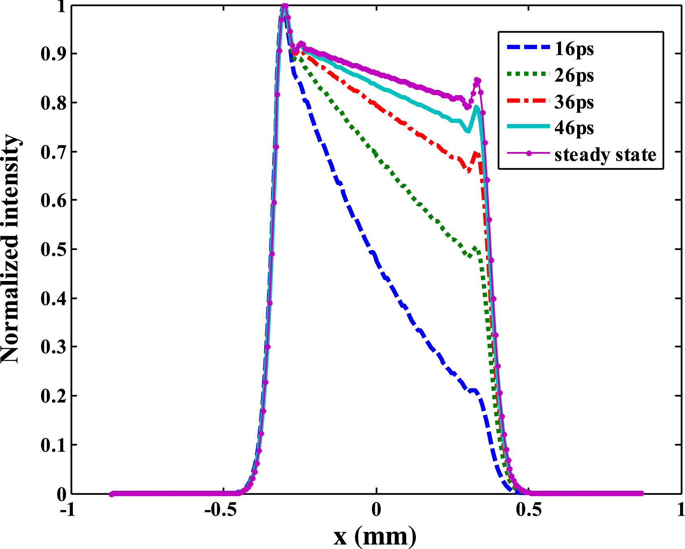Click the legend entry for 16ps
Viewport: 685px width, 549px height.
tap(574, 49)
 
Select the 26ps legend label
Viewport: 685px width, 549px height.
tap(574, 75)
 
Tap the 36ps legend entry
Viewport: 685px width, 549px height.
tap(574, 102)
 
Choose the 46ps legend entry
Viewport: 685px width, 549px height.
tap(574, 128)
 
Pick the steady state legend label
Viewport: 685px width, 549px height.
tap(605, 155)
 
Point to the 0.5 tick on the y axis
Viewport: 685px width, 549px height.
tap(53, 249)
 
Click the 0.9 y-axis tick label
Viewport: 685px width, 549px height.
tap(53, 54)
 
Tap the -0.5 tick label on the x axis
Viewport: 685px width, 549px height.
tap(220, 510)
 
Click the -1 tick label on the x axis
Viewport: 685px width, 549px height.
tap(68, 510)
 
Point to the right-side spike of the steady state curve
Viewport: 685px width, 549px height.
tap(477, 80)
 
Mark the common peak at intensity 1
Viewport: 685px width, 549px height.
tap(285, 6)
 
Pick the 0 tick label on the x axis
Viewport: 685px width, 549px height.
tap(376, 510)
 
